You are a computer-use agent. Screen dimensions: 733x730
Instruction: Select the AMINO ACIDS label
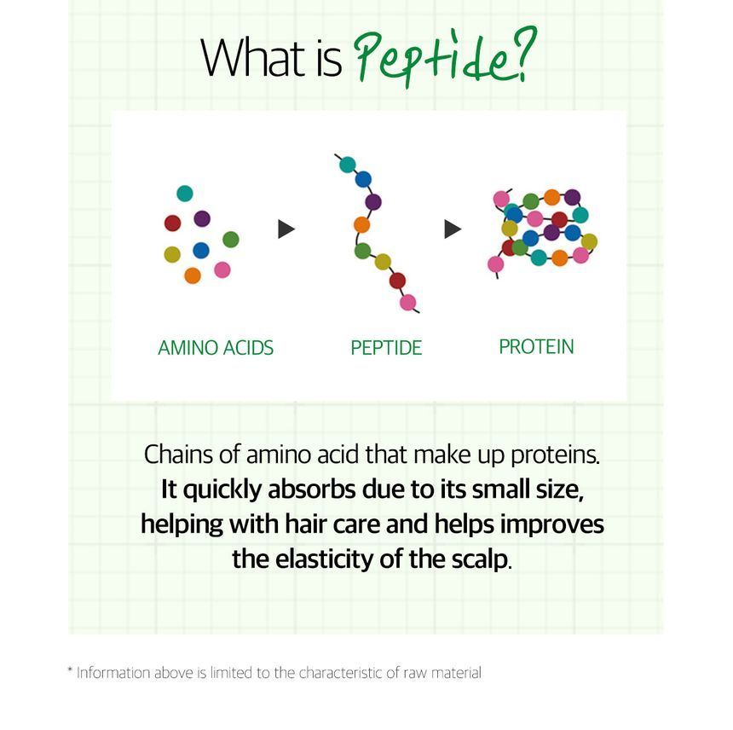point(216,347)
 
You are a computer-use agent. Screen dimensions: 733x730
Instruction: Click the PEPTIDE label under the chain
point(386,347)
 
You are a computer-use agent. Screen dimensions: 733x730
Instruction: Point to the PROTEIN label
point(536,346)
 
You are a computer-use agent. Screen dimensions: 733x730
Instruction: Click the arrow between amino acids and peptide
point(286,229)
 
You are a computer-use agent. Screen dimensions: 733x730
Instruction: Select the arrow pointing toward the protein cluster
point(453,229)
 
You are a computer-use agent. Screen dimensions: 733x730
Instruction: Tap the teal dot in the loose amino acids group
point(185,193)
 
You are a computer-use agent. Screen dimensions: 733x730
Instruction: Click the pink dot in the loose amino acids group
point(222,269)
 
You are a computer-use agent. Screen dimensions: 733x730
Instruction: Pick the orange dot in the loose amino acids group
point(192,275)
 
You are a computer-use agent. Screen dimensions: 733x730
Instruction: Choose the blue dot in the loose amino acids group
point(201,250)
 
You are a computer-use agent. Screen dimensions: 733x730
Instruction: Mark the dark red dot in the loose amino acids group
point(172,223)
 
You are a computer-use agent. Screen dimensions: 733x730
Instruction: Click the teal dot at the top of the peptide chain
point(348,165)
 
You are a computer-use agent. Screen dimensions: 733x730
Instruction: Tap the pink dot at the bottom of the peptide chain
point(407,302)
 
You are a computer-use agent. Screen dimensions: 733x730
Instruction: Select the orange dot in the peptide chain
point(361,225)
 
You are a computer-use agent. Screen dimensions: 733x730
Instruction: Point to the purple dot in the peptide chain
point(373,202)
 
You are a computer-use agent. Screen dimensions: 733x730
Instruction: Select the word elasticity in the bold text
point(324,559)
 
